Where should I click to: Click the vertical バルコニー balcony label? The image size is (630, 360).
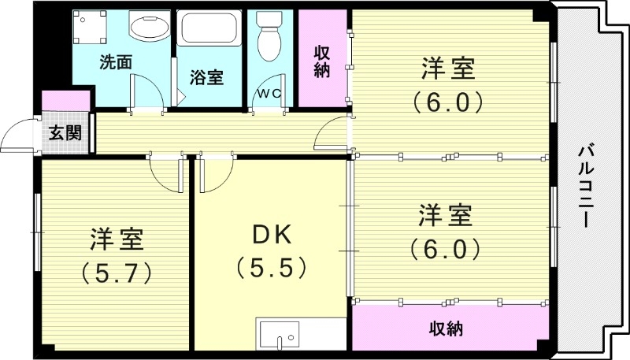coord(586,186)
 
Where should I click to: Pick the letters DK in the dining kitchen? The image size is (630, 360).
coord(272,235)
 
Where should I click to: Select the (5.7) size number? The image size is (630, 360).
coord(116,272)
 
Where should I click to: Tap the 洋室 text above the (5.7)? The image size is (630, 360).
coord(116,237)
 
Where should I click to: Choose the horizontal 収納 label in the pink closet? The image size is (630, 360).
coord(446,327)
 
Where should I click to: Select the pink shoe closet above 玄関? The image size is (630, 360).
coord(65,101)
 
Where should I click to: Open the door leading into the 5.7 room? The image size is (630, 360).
coord(167,172)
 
